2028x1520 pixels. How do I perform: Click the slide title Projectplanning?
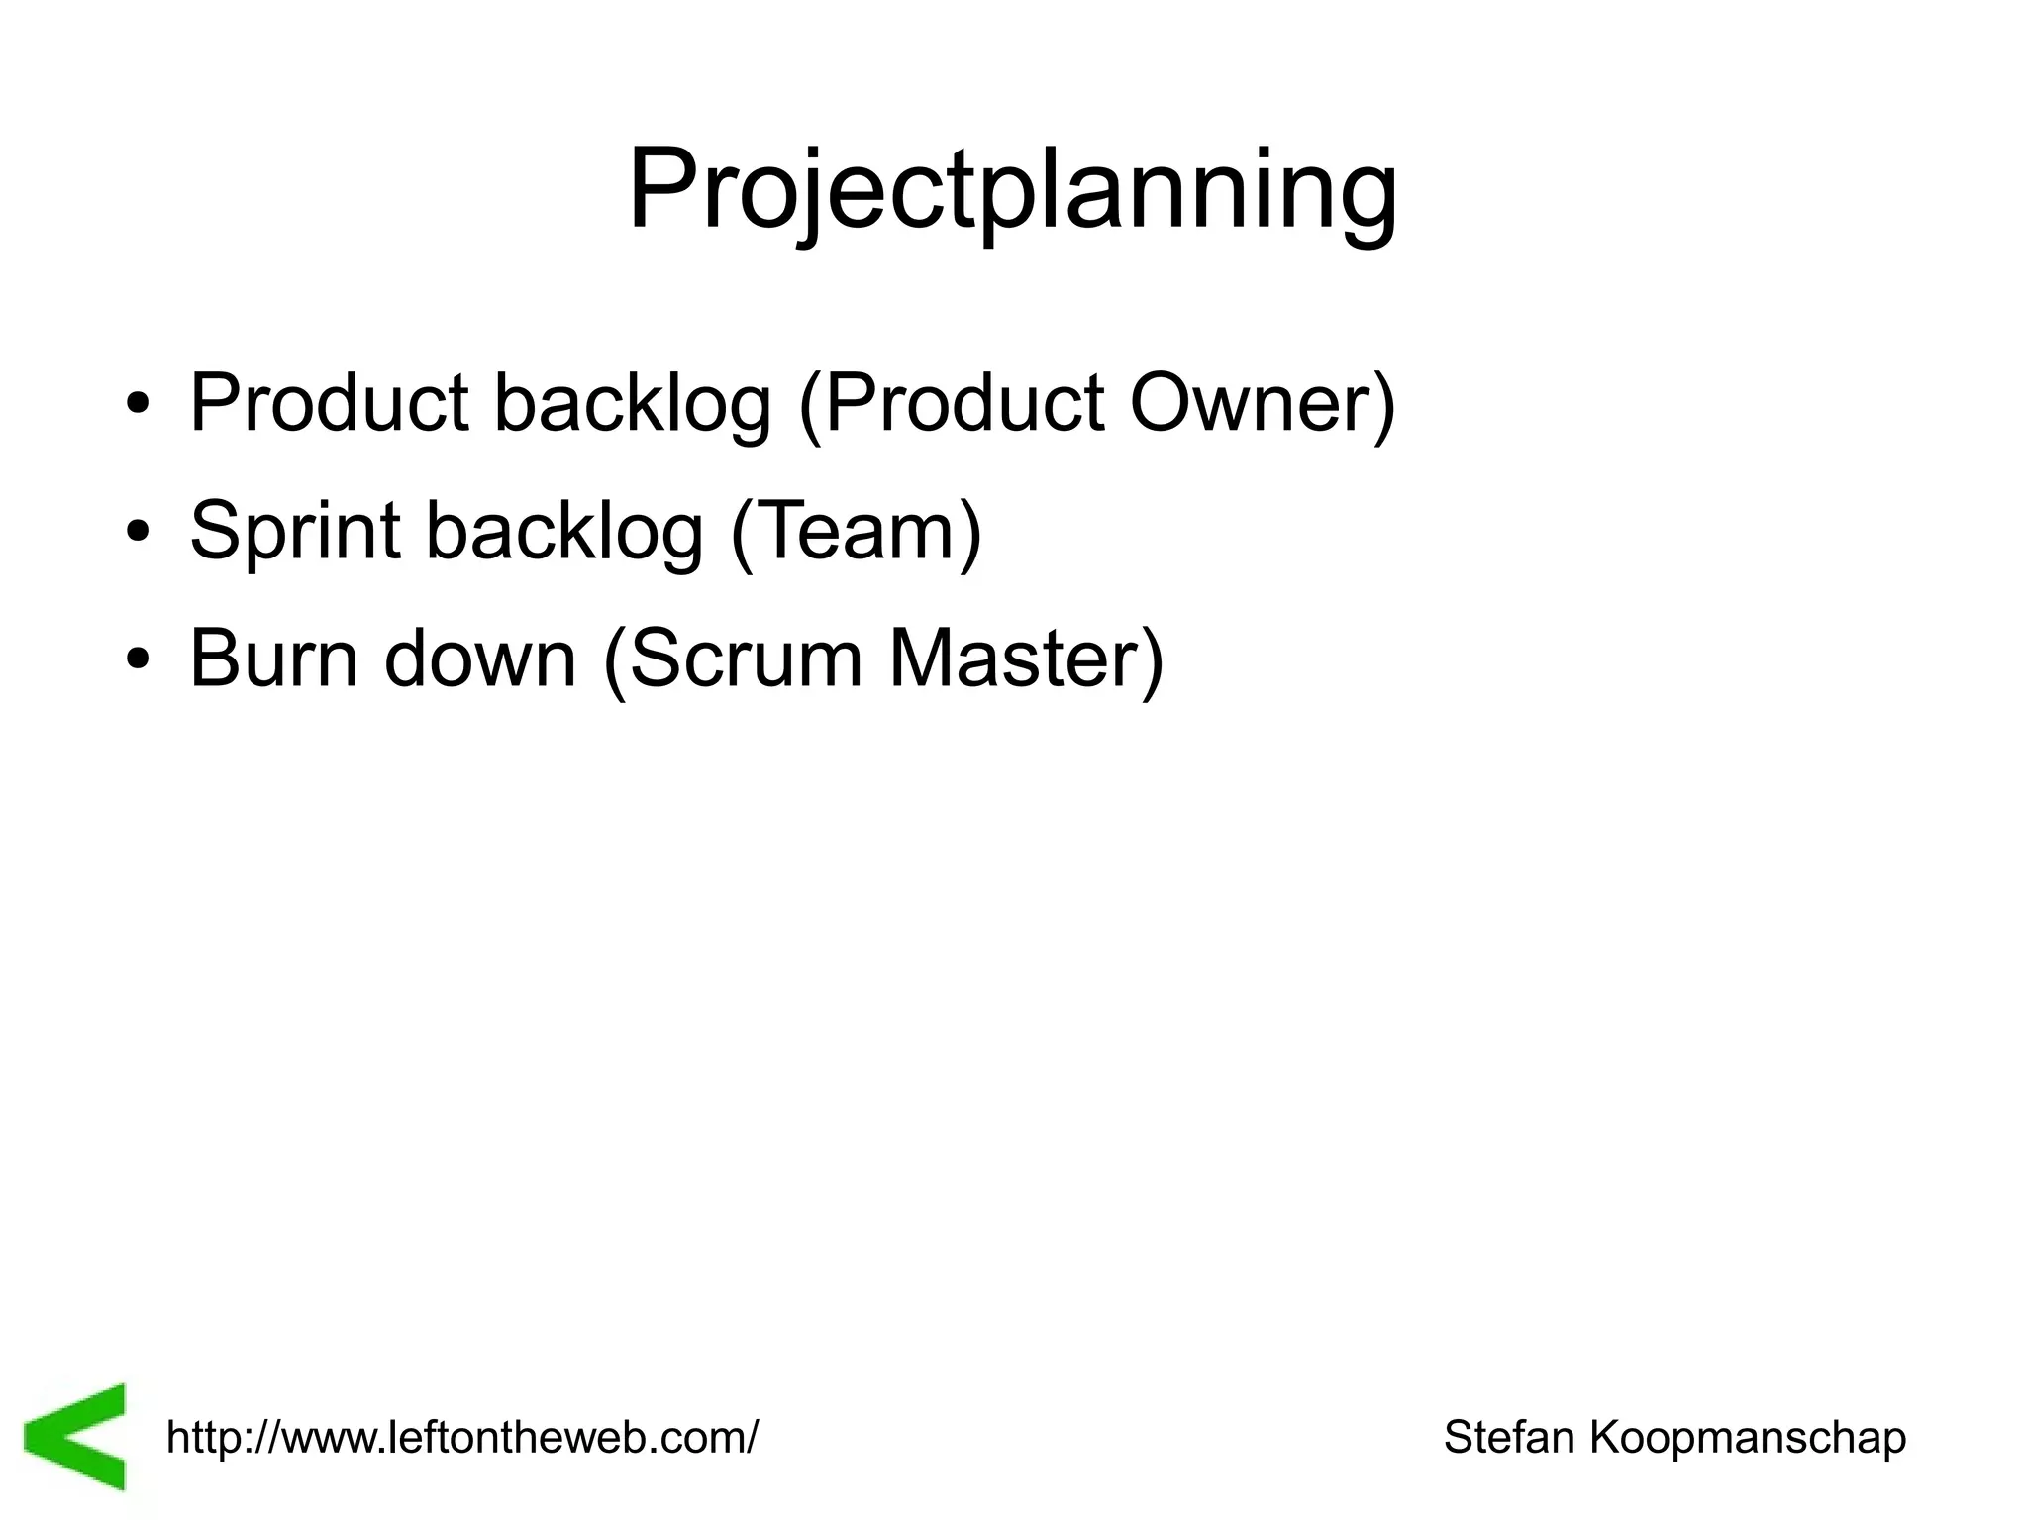1013,191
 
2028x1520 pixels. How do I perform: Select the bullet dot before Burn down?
139,659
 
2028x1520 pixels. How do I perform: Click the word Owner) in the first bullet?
1263,404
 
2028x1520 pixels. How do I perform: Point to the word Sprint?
295,532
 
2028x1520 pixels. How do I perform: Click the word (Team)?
857,532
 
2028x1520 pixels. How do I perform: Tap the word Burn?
273,659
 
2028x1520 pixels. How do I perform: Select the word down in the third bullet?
480,659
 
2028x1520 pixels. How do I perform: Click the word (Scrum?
733,659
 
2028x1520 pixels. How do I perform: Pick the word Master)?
1026,659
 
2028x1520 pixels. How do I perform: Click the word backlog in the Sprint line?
564,532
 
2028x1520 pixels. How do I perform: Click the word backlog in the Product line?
632,404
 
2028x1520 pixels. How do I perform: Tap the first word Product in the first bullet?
329,404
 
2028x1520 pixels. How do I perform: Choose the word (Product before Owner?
951,404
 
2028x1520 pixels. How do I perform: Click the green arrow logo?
76,1435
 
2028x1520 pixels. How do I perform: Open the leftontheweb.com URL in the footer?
462,1437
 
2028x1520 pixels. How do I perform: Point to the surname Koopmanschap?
1748,1437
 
